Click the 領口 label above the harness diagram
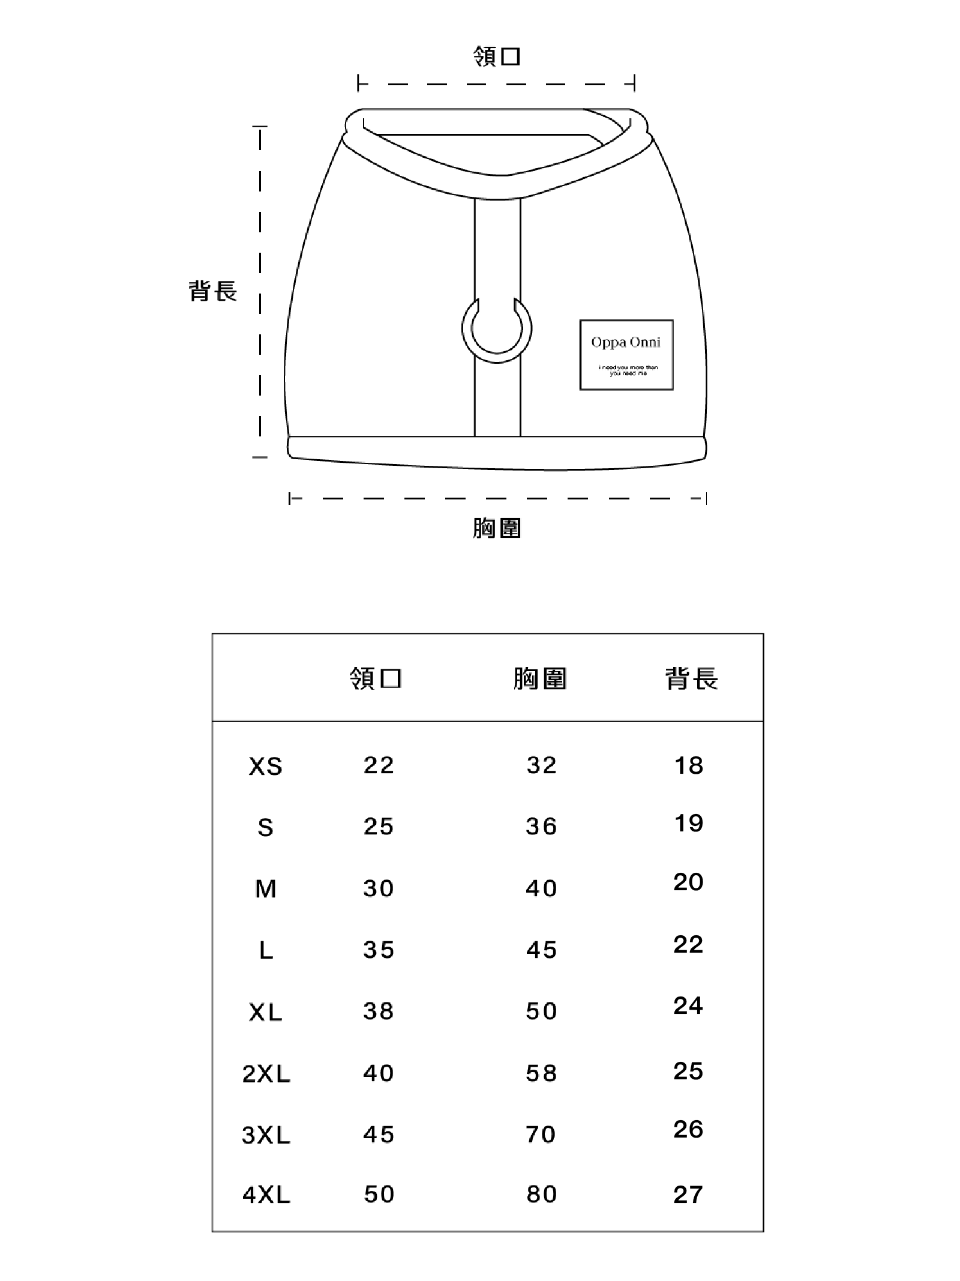[496, 56]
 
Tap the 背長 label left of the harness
[213, 291]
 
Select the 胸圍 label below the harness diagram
[497, 528]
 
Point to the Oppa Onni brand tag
[626, 355]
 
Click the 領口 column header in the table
[376, 679]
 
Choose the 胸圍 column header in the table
[540, 679]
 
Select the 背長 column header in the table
[691, 679]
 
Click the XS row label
[266, 767]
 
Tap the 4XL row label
[266, 1195]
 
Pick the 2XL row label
[266, 1074]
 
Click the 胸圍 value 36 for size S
[541, 827]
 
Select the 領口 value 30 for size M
[378, 888]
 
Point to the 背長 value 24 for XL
[688, 1005]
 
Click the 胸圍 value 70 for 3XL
[541, 1135]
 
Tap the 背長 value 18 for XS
[689, 765]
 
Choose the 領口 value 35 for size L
[379, 950]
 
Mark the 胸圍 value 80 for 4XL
[542, 1195]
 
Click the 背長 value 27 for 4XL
[688, 1195]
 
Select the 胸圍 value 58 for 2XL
[541, 1073]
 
